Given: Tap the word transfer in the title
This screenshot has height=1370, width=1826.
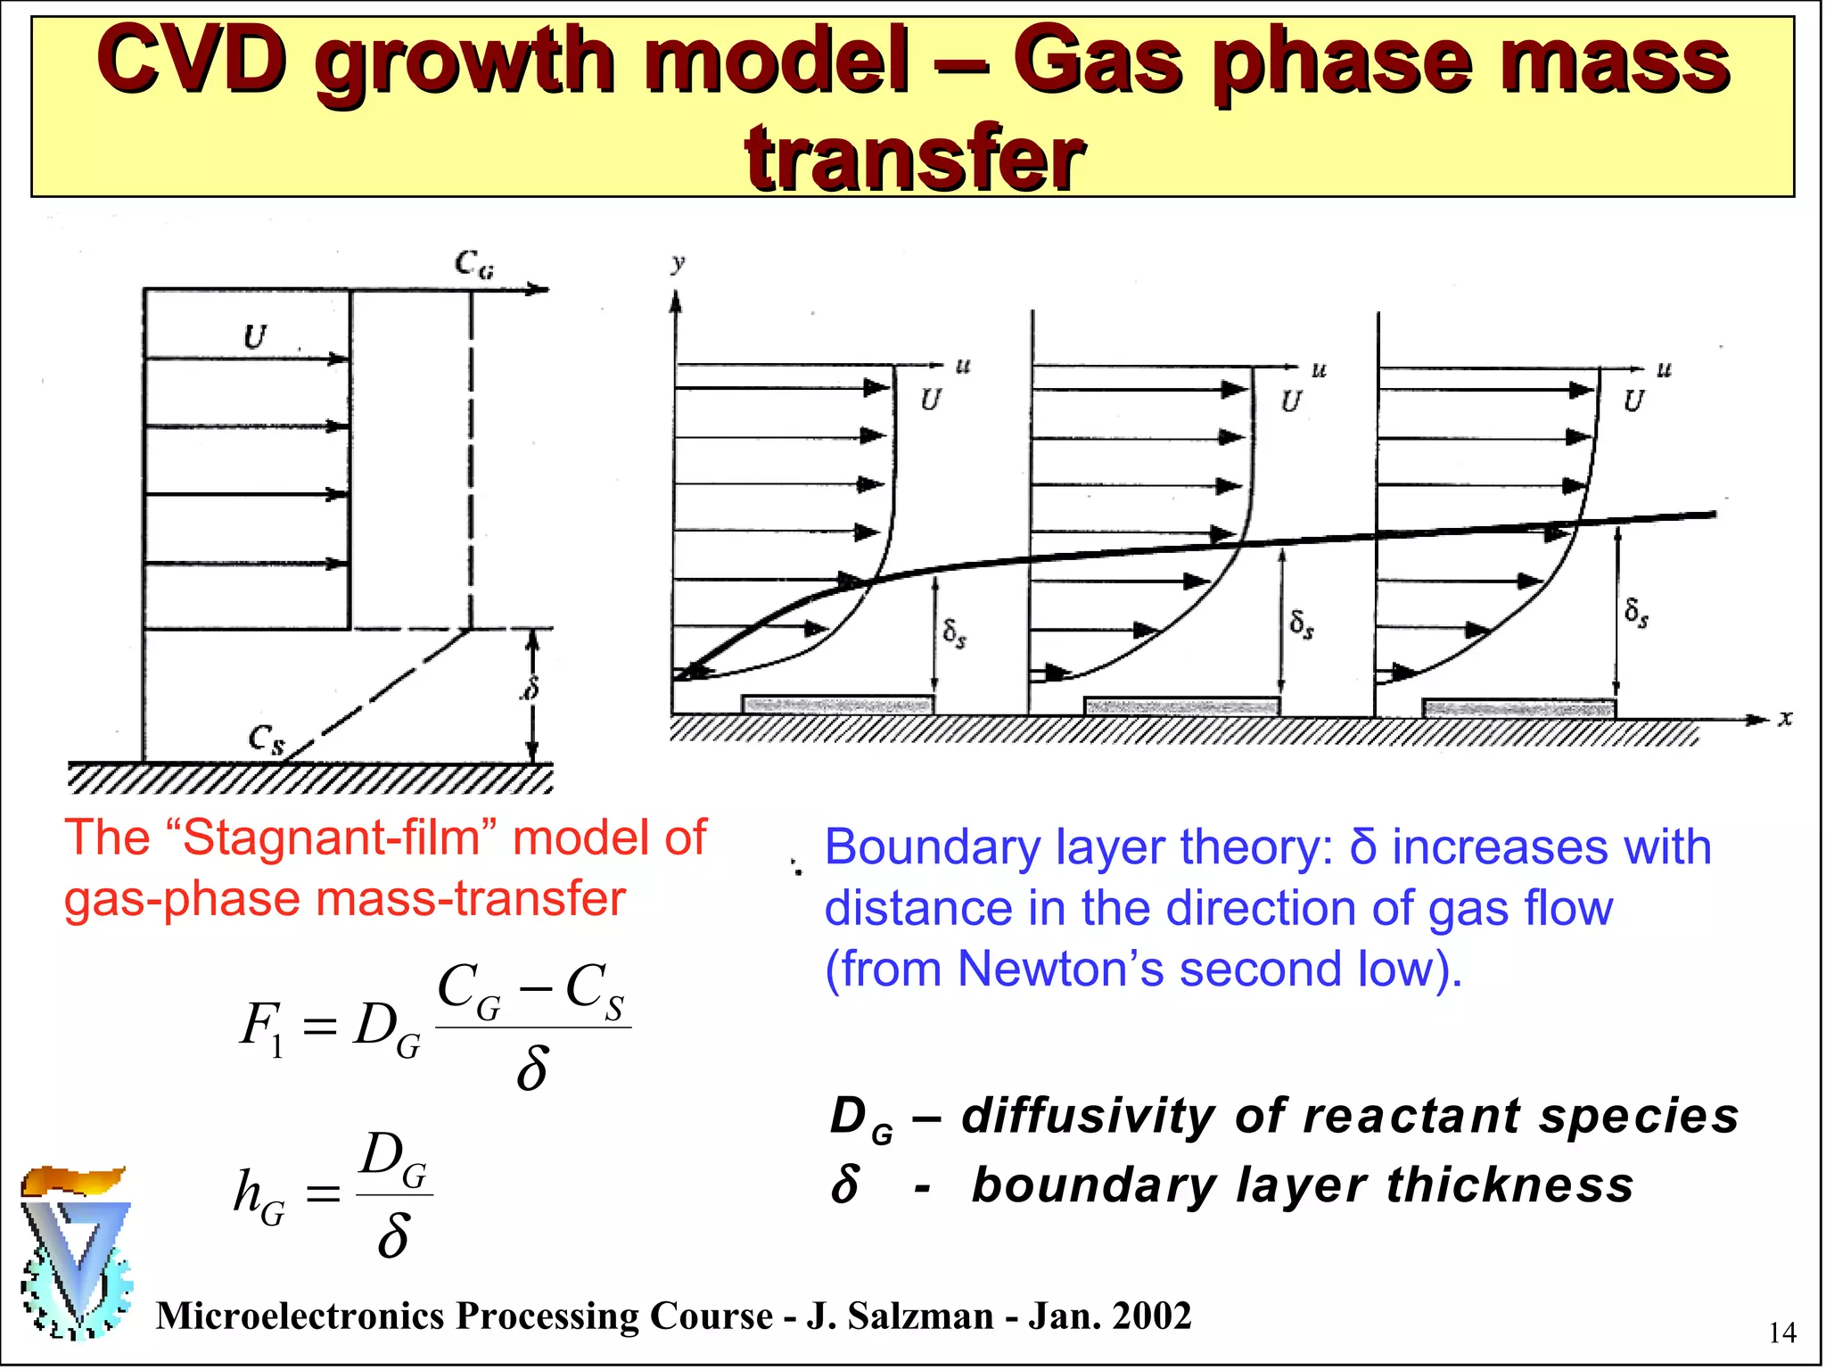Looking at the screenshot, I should click(915, 159).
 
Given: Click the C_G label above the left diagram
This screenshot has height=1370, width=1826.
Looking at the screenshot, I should click(473, 264).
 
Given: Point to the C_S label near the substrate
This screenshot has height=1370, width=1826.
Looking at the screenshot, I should click(266, 739).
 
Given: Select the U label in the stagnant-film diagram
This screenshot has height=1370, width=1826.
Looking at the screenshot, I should click(255, 338).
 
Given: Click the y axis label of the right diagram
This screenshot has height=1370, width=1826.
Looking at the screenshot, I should click(679, 263).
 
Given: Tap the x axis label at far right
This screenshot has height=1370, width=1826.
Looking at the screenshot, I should click(1784, 719).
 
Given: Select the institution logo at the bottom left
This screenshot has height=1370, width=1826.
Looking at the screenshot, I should click(76, 1253).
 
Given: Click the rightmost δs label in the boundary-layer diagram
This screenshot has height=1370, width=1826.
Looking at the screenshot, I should click(1636, 612).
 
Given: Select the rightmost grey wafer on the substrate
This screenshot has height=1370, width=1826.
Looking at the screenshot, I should click(1518, 709).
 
